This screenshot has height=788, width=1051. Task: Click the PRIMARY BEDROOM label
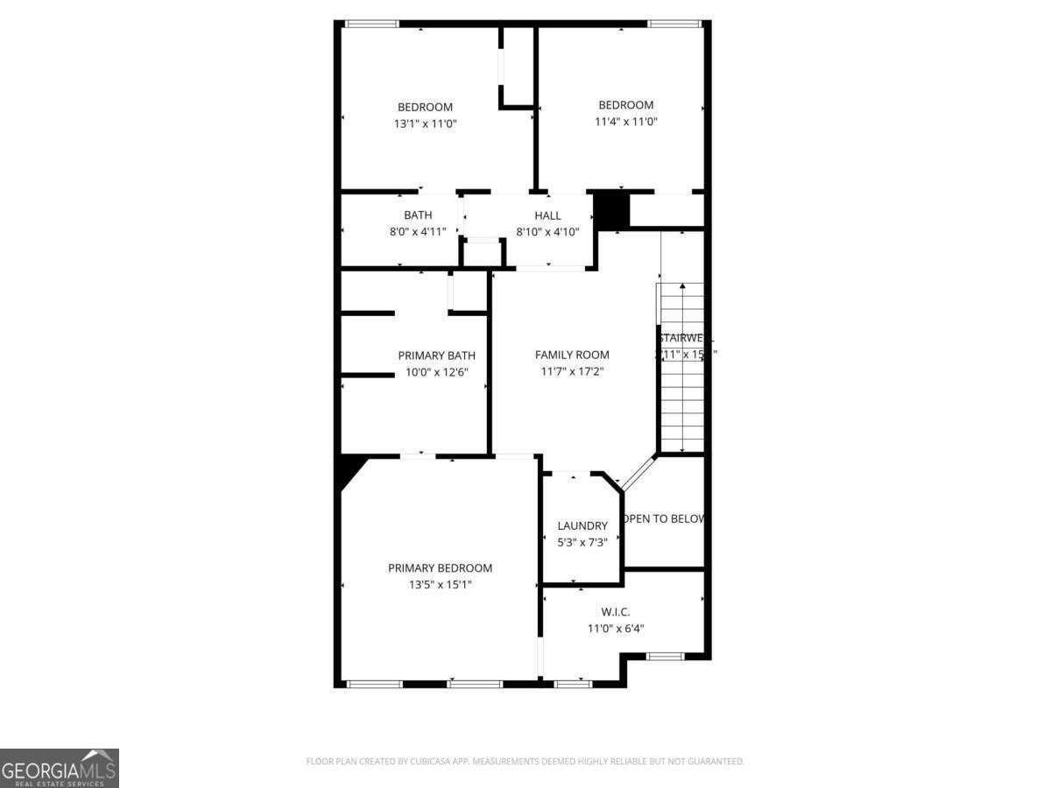pos(440,568)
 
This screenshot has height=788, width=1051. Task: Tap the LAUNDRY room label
pos(582,526)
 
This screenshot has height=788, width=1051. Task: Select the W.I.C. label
pos(616,612)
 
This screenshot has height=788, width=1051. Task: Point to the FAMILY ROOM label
pos(572,355)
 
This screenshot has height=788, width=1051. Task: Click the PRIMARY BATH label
pos(436,355)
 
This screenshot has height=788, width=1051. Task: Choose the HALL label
pos(547,215)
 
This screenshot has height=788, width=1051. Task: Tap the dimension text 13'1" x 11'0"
pos(425,123)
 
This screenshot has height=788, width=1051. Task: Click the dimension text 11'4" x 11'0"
pos(625,122)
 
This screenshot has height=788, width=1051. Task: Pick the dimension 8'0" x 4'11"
pos(418,232)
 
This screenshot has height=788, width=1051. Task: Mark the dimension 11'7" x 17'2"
pos(572,371)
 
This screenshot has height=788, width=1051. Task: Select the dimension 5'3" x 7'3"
pos(582,542)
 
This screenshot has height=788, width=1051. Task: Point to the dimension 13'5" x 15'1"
pos(440,585)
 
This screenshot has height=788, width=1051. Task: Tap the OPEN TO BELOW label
pos(665,518)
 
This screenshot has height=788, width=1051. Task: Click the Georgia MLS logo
pos(59,768)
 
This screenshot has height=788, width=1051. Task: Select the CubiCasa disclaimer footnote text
pos(525,762)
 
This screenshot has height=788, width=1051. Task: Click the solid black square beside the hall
pos(612,211)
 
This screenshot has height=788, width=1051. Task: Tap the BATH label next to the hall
pos(418,215)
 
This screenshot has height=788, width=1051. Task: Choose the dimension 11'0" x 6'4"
pos(616,628)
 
